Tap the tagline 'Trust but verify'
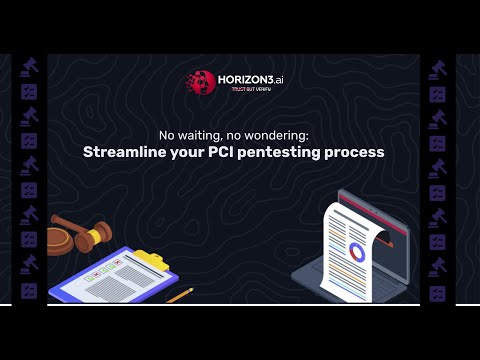coord(252,91)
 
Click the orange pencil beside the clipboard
coord(180,296)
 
